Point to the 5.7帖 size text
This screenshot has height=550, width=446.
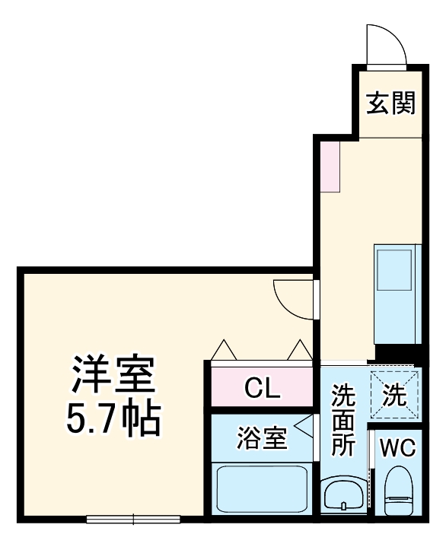click(114, 416)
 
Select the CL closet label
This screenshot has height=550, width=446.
click(263, 389)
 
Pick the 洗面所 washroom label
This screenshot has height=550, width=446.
click(343, 421)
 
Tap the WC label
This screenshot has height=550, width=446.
click(398, 447)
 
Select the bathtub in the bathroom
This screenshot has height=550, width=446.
click(261, 490)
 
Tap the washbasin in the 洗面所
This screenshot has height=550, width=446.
click(343, 497)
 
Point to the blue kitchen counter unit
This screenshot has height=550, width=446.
click(397, 294)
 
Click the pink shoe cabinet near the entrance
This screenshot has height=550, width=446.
click(330, 166)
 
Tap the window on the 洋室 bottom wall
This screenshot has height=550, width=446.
click(133, 520)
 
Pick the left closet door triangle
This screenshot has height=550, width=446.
click(224, 351)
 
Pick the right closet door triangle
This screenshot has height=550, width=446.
click(298, 351)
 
